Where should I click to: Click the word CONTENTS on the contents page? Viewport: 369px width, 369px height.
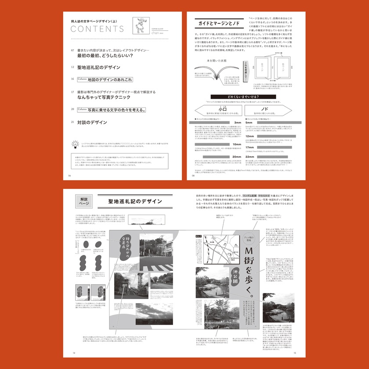97,29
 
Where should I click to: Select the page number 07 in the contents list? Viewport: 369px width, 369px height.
72,51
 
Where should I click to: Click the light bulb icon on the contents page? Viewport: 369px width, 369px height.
74,143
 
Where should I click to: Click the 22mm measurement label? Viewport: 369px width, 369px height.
250,156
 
